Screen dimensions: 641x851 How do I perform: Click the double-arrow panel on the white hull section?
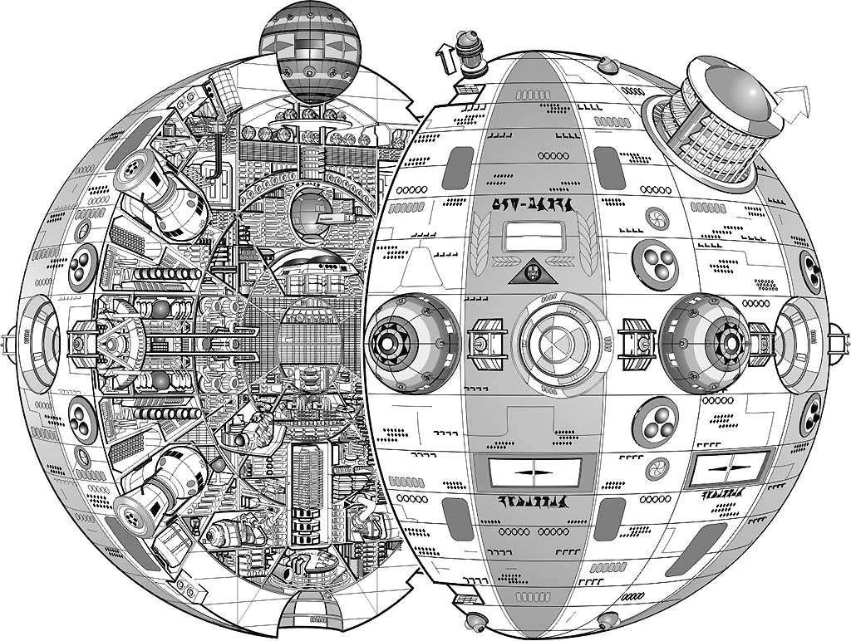coord(727,471)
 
